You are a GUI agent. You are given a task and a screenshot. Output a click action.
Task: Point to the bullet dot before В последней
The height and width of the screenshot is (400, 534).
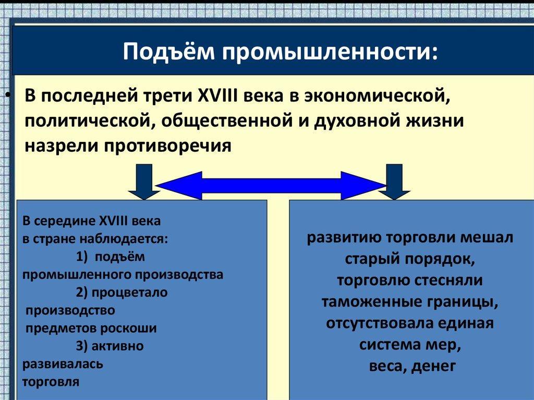[7, 97]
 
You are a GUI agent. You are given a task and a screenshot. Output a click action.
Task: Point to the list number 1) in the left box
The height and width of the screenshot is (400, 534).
[83, 257]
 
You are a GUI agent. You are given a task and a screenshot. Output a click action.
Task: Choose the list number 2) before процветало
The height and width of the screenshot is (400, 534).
[83, 293]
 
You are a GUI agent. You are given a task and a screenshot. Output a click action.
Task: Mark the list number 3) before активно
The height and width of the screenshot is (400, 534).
[83, 346]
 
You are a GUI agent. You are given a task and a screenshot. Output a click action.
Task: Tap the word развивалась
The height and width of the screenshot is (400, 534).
[63, 363]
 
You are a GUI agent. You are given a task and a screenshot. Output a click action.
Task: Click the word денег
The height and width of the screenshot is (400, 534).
[433, 366]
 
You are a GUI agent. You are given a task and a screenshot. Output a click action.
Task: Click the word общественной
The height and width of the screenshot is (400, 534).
[234, 121]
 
